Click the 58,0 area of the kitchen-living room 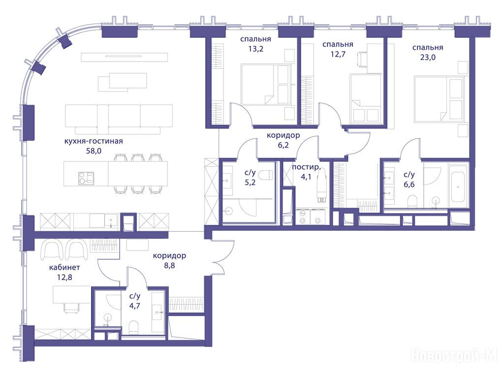94,151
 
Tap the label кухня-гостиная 94,141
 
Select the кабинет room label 64,267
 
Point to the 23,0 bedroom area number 428,58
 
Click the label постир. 306,167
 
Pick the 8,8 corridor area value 169,265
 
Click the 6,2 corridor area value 283,145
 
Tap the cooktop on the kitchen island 86,178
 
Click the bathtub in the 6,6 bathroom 458,187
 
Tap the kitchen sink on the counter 111,221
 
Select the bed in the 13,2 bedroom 266,84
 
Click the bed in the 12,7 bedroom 366,98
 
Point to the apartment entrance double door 220,256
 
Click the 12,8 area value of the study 64,277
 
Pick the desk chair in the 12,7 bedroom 363,59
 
